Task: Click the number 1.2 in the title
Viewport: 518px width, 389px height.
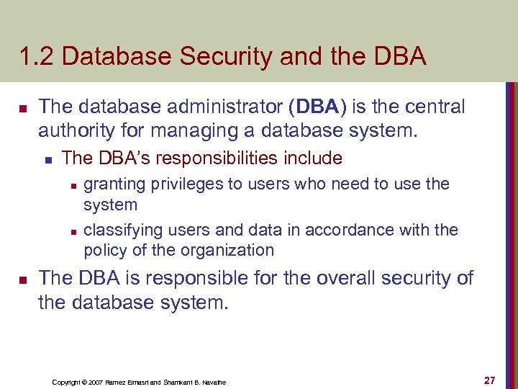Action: coord(36,56)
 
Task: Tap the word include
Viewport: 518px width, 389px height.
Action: coord(312,158)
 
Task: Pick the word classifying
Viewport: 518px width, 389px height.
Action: coord(123,231)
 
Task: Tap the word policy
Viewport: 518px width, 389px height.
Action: coord(103,251)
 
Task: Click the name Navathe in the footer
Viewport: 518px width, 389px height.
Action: coord(213,382)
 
